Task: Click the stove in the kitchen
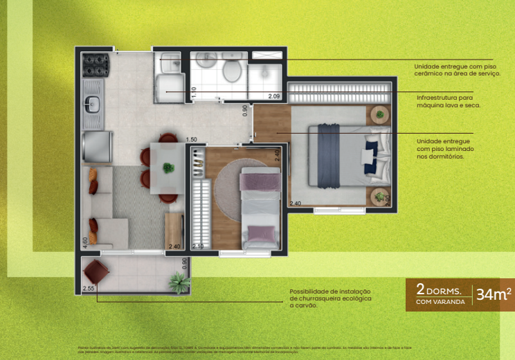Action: [x=96, y=66]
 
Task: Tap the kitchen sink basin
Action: [x=92, y=105]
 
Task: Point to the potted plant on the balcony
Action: [x=179, y=282]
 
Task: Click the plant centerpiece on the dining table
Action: [x=167, y=167]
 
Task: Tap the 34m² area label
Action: [x=494, y=294]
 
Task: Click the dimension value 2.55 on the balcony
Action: [x=88, y=287]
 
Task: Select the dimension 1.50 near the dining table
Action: [x=192, y=139]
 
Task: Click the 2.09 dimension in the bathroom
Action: [x=274, y=96]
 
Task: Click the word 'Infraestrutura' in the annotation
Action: [x=435, y=98]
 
